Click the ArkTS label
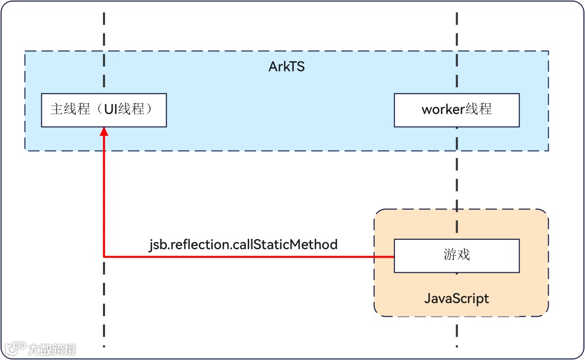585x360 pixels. point(287,67)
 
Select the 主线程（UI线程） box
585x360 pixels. point(103,110)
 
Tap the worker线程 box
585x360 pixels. point(457,110)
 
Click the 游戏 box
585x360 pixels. point(457,256)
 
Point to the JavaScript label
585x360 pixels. point(457,298)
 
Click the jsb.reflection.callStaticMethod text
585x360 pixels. point(243,245)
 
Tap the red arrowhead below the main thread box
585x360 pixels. point(104,132)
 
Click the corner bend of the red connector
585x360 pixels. point(104,257)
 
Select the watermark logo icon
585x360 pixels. point(15,349)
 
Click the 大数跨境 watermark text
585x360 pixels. point(52,349)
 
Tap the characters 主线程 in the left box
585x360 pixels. point(70,109)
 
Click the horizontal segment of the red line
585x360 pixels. point(249,257)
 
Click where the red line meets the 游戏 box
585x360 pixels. point(394,257)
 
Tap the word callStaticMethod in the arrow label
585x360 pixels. point(285,245)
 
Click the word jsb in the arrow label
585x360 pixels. point(158,245)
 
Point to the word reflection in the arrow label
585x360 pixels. point(199,245)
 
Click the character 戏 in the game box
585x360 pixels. point(464,255)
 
